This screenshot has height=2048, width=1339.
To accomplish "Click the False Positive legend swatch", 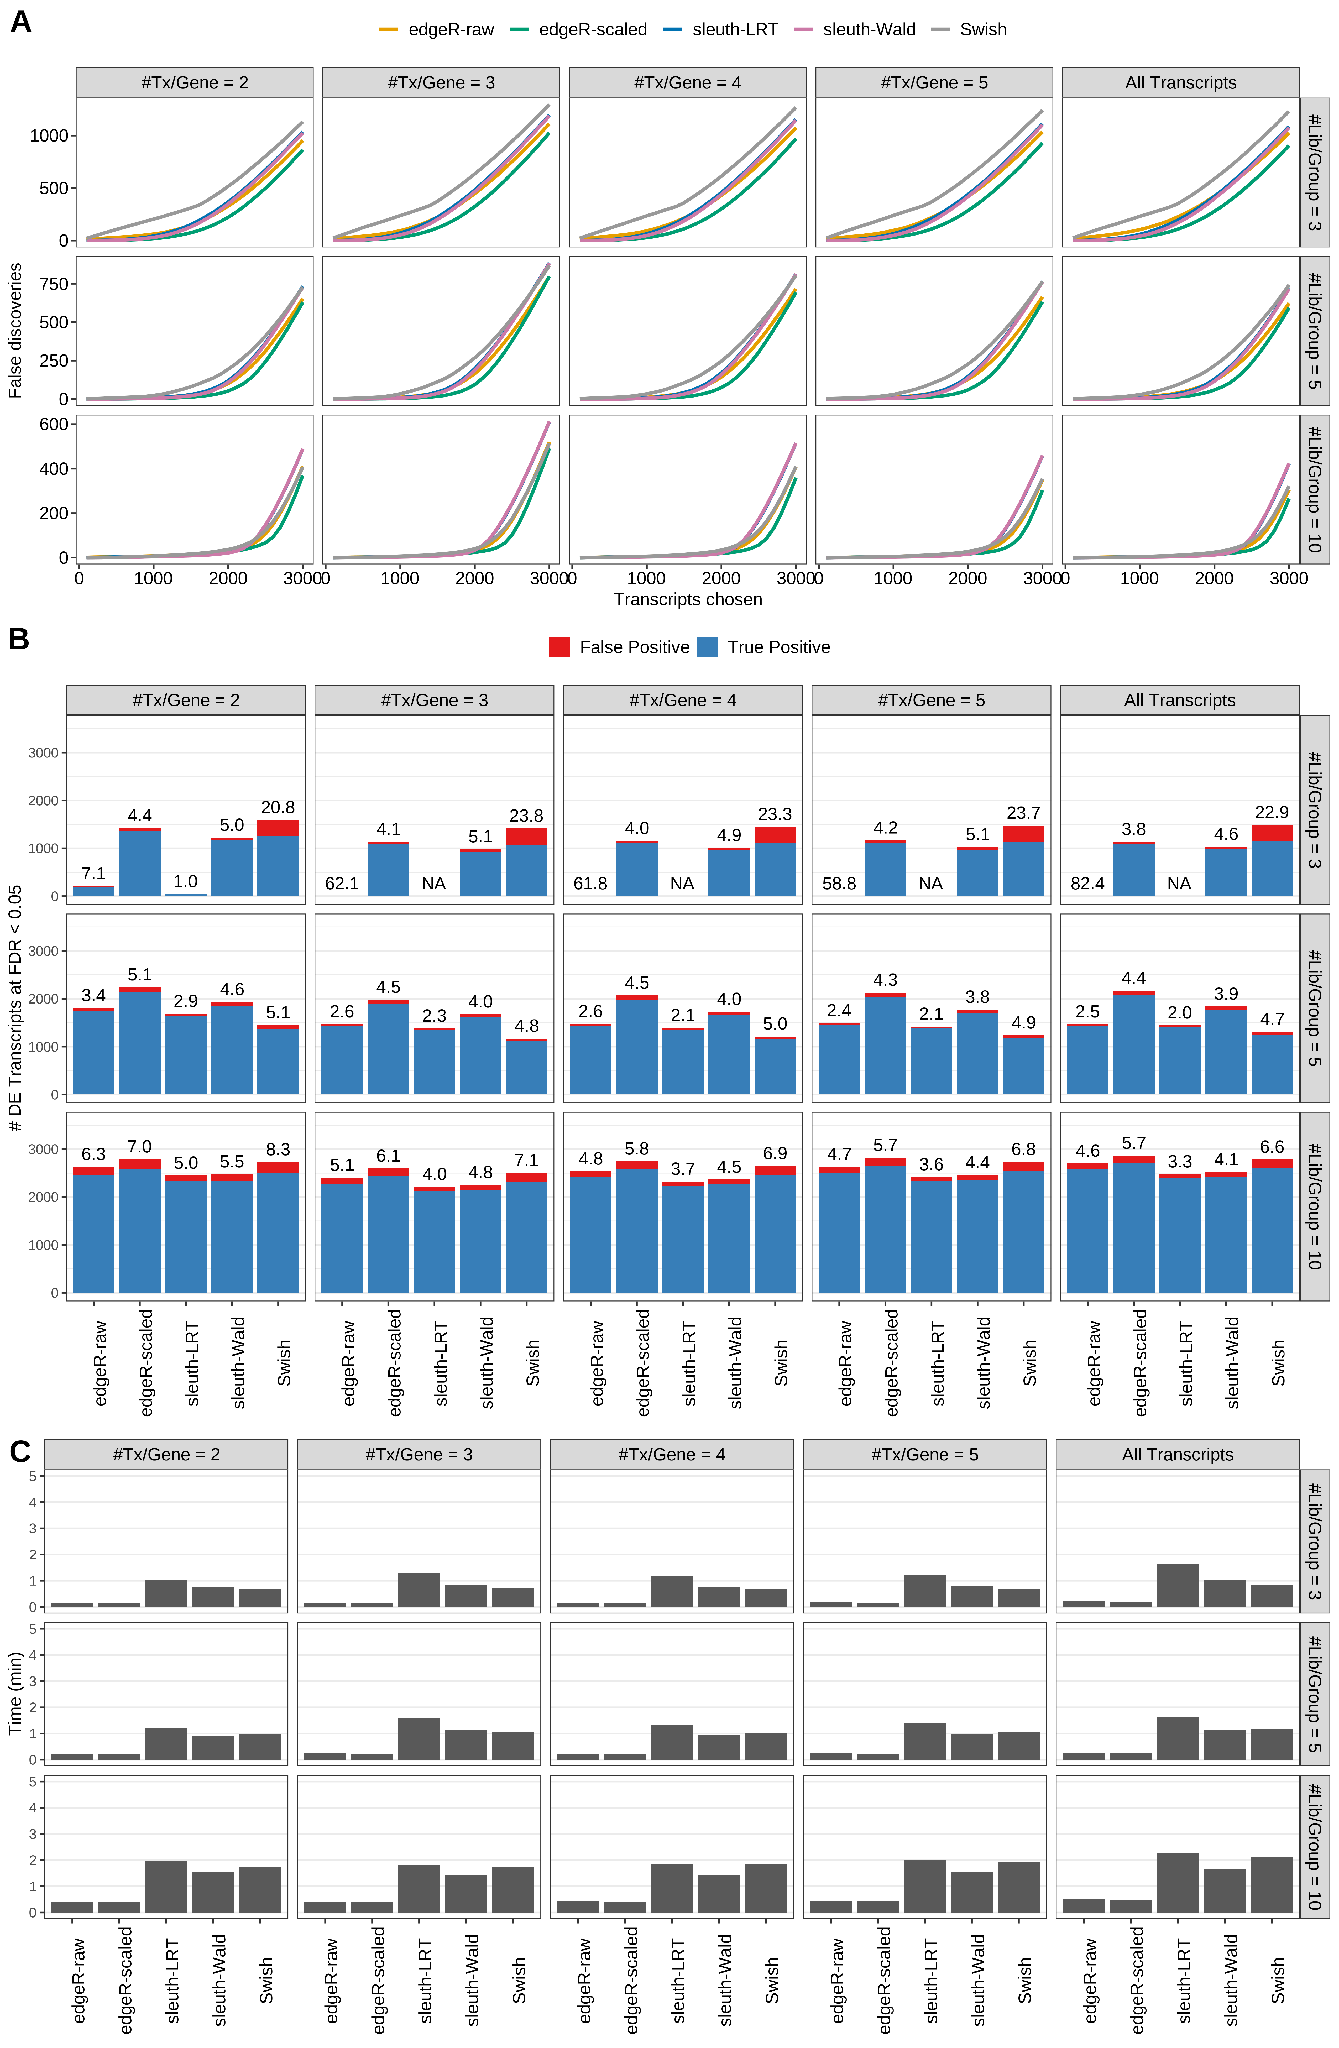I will (559, 647).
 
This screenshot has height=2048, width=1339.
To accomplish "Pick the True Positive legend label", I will (778, 647).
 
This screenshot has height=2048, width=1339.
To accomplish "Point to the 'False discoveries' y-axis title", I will (15, 330).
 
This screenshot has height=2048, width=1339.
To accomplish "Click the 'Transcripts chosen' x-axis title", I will (688, 600).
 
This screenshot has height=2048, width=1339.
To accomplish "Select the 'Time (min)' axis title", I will (15, 1692).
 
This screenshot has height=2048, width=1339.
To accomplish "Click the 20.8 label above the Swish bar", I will (278, 807).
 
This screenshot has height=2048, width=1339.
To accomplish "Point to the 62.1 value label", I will (342, 884).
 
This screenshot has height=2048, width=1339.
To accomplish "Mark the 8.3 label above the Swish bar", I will (278, 1150).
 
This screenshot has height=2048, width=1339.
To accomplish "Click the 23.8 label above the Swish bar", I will (526, 816).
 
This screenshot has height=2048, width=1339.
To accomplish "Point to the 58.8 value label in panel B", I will (839, 884).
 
